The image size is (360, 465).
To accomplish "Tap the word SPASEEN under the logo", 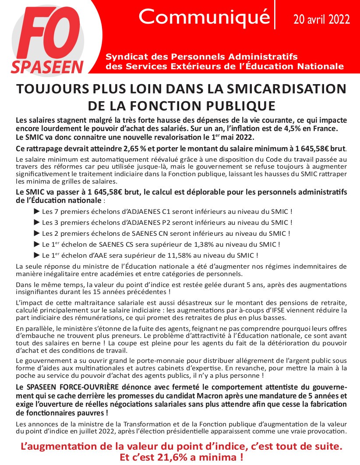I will click(x=47, y=67).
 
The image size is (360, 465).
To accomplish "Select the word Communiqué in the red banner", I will click(x=204, y=17).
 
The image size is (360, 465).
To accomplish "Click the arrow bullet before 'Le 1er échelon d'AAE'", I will click(x=37, y=255).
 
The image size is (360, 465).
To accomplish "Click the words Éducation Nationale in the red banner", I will click(x=300, y=66).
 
